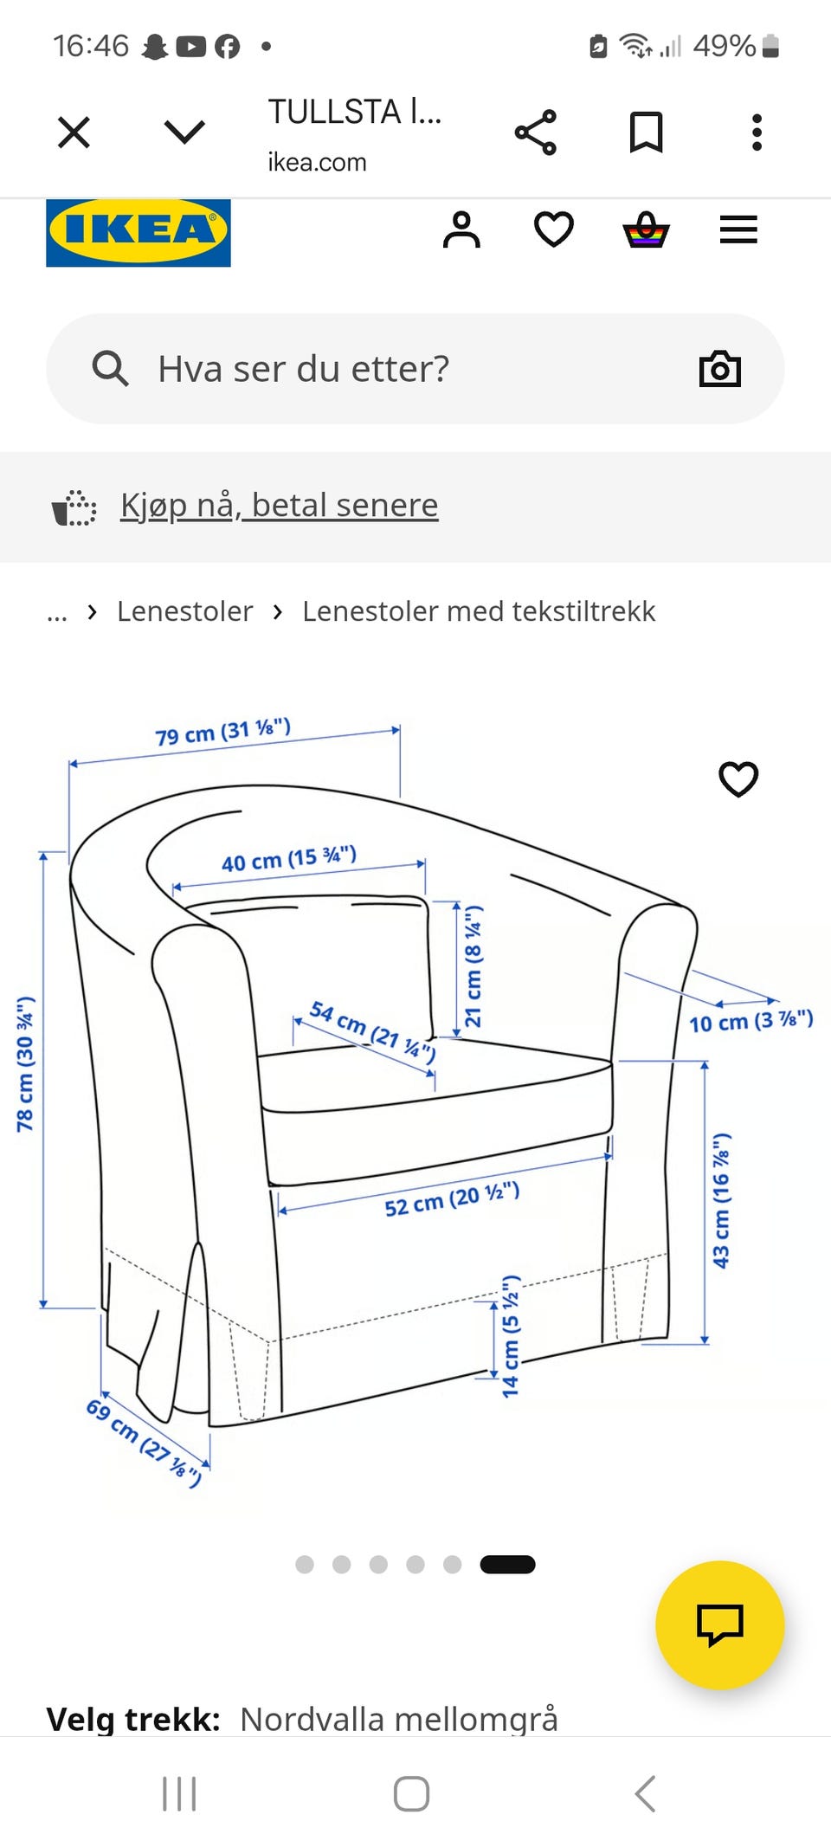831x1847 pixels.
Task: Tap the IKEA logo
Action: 138,232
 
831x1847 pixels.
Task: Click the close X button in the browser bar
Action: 74,132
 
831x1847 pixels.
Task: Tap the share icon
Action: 536,132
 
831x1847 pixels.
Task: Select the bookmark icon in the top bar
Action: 646,132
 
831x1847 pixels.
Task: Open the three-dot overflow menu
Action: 757,132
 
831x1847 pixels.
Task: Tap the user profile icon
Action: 461,230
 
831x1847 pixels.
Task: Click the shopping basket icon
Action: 646,230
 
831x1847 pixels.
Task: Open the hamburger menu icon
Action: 738,230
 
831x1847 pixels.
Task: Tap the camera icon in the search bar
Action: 720,369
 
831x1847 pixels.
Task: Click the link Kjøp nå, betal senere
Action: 279,505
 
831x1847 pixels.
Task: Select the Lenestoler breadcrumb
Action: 185,611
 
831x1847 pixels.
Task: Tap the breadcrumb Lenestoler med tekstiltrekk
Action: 479,611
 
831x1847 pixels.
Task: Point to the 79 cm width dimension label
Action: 223,733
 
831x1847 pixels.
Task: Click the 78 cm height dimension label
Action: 25,1064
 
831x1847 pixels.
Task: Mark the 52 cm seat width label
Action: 452,1199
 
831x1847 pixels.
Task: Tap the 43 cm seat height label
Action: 721,1200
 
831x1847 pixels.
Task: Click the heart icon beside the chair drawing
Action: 738,778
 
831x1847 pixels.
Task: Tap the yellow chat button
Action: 720,1625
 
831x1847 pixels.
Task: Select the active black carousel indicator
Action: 507,1565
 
